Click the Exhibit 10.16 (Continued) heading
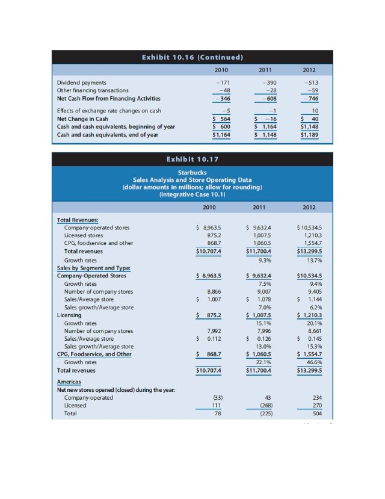pyautogui.click(x=192, y=58)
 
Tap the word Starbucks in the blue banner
pyautogui.click(x=192, y=172)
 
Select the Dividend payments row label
pyautogui.click(x=81, y=82)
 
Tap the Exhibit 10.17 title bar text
pyautogui.click(x=192, y=160)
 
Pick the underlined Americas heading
pyautogui.click(x=69, y=382)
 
